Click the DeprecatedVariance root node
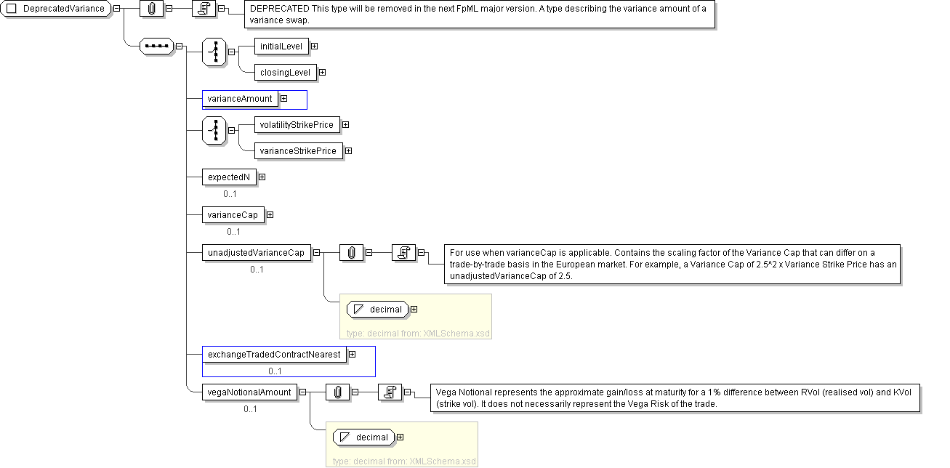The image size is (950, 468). pos(56,9)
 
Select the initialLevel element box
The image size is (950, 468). pos(281,47)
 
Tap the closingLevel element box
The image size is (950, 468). pos(286,73)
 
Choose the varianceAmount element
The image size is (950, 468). pos(240,99)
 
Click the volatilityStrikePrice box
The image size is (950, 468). pos(297,125)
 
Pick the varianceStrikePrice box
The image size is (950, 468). pos(298,151)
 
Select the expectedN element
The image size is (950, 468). pos(229,177)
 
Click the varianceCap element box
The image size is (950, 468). pos(233,215)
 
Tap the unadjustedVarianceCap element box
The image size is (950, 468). pos(256,253)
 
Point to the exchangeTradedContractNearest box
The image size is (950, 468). pos(274,355)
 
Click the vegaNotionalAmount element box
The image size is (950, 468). pos(249,392)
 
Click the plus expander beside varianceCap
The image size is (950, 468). pos(270,215)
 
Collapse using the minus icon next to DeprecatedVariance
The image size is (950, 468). pos(116,9)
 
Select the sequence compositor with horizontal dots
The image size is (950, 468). pos(156,47)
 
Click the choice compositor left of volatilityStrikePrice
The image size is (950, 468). pos(214,131)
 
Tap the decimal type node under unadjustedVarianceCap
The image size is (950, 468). pos(377,310)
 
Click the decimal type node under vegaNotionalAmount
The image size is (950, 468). pos(364,437)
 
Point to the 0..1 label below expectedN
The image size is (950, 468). pos(230,194)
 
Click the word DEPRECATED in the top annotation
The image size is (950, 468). pos(280,9)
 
